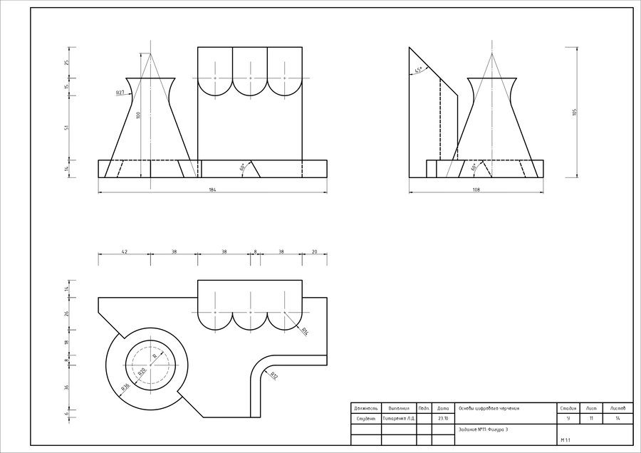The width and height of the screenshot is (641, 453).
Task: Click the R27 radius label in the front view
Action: click(x=120, y=92)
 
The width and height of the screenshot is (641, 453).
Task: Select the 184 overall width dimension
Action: click(x=212, y=189)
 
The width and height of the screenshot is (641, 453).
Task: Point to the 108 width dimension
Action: click(x=476, y=189)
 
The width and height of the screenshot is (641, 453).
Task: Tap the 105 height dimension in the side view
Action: click(x=574, y=112)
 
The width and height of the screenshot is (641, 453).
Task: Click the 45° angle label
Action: click(x=419, y=70)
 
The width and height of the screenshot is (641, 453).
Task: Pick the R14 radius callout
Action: click(x=304, y=331)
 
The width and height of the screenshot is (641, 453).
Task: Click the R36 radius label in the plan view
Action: click(x=125, y=387)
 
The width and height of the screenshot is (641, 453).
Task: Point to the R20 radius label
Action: click(x=141, y=372)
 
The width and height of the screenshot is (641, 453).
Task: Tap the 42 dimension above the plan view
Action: click(x=125, y=251)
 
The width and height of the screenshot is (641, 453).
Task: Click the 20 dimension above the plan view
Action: click(x=314, y=251)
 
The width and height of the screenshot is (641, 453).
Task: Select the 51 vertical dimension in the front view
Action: click(x=67, y=127)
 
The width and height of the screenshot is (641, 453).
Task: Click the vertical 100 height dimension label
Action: click(x=140, y=114)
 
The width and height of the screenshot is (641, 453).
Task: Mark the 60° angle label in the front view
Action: click(x=243, y=167)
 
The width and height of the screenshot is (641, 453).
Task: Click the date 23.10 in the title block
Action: click(x=443, y=418)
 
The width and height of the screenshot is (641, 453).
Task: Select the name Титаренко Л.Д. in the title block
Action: click(x=399, y=418)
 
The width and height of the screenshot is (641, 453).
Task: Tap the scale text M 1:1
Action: click(x=566, y=440)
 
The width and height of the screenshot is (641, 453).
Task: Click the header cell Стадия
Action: click(x=568, y=408)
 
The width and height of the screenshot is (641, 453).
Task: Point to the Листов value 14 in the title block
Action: click(x=617, y=418)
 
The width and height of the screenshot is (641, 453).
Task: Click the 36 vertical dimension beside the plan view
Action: click(x=67, y=387)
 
